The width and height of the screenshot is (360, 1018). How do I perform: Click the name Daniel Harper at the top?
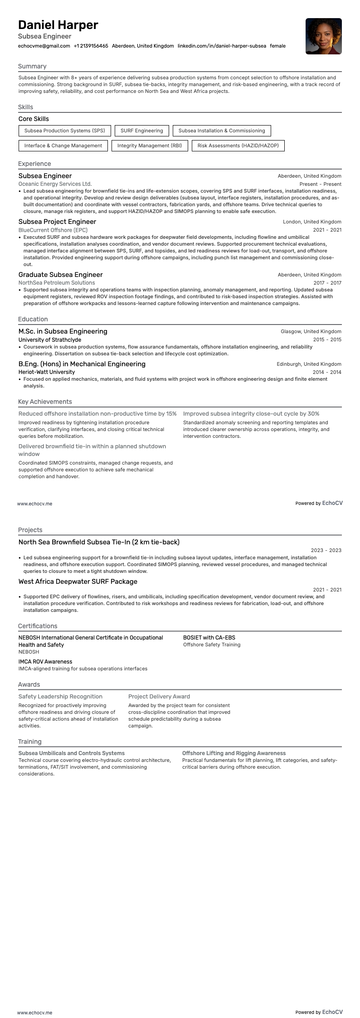[58, 25]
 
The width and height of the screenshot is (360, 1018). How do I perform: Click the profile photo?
[323, 36]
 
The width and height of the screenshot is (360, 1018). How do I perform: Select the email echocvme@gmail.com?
[44, 46]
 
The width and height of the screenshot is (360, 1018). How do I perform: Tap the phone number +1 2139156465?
[91, 46]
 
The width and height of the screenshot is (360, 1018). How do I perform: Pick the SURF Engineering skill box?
[141, 131]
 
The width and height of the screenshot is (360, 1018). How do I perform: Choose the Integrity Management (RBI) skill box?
[149, 145]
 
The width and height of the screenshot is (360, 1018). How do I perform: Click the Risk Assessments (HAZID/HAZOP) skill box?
[238, 145]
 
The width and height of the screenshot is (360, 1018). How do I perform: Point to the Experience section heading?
[34, 164]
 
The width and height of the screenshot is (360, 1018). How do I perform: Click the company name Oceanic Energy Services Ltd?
[55, 184]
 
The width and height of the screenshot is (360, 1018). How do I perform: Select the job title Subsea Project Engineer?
[57, 222]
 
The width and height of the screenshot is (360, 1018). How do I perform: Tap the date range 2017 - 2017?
[327, 283]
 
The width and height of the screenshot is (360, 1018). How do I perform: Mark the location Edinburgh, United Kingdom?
[309, 364]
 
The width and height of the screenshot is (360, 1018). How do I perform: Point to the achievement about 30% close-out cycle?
[251, 413]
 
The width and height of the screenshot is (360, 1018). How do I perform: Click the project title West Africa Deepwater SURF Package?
[78, 582]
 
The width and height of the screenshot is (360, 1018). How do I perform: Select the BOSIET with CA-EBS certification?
[209, 637]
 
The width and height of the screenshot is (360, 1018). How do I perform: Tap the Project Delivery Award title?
[159, 696]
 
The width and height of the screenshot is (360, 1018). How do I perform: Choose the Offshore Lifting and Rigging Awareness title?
[234, 753]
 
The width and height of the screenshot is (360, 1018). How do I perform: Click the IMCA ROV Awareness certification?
[45, 661]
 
